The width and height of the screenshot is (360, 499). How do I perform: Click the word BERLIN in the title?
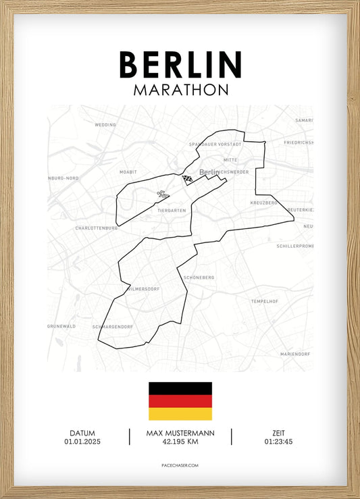[180, 64]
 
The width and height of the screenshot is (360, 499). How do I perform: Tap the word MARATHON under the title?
[180, 90]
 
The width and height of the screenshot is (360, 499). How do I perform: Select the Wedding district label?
[105, 125]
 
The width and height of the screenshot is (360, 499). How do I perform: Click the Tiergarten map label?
[172, 211]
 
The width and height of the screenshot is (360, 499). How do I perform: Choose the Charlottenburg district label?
[97, 228]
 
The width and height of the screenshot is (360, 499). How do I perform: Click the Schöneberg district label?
[198, 278]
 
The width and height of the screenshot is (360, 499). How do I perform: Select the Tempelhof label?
[264, 300]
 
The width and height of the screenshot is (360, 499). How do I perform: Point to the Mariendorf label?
[295, 354]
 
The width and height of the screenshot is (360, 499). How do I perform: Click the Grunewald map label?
[61, 325]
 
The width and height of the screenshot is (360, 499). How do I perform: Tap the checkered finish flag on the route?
[187, 180]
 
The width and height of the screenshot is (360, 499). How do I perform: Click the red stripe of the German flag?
[180, 401]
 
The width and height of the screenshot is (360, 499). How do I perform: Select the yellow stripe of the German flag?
[180, 413]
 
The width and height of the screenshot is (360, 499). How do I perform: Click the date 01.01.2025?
[82, 442]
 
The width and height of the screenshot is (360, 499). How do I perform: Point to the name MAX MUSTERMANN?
[180, 433]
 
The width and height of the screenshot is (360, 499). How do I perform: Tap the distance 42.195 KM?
[180, 442]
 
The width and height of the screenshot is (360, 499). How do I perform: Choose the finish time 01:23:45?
[278, 442]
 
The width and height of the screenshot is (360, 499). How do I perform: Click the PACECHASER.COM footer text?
[180, 465]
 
